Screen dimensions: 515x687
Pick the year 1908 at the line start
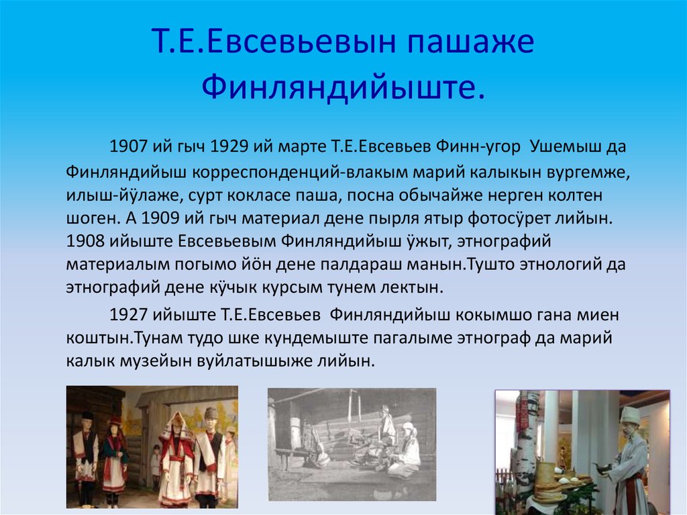(x=86, y=242)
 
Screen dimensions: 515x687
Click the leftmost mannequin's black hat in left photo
(x=87, y=416)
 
